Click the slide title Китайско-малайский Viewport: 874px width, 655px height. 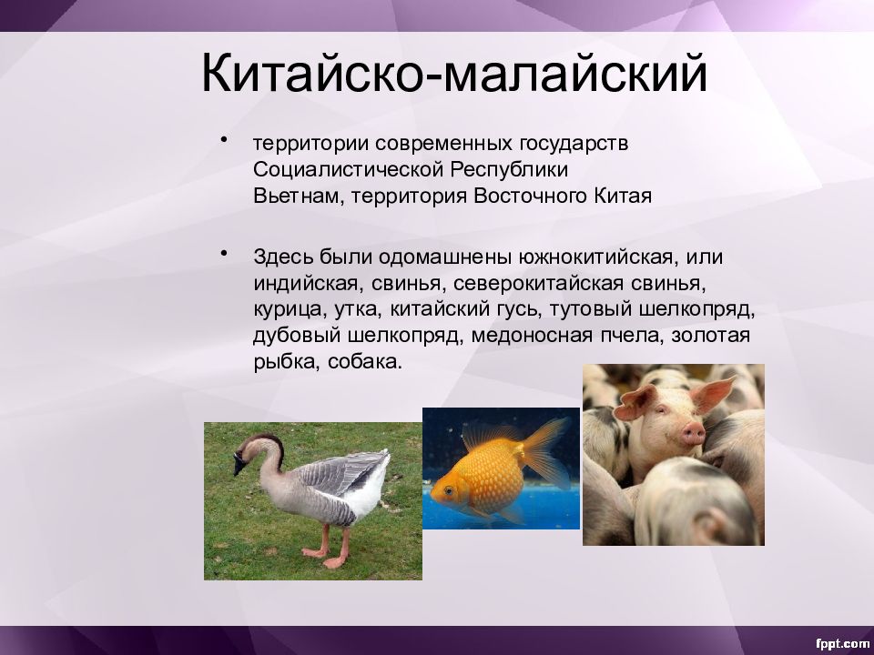[454, 73]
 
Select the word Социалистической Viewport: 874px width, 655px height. [348, 169]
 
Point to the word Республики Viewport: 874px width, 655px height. [509, 170]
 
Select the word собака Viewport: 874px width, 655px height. [364, 363]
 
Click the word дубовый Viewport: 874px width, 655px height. [297, 337]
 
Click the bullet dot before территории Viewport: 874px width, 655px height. [224, 139]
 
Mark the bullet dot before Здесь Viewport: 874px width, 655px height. [224, 254]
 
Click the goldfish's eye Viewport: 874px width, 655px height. [449, 490]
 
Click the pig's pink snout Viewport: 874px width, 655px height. [693, 431]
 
